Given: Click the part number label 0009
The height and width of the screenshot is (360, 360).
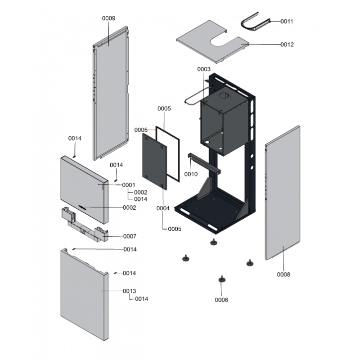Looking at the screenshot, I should click(108, 18).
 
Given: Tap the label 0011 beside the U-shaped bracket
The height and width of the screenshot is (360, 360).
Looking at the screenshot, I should click(287, 21).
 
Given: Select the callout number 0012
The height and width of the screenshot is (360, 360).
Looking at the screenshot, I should click(287, 45).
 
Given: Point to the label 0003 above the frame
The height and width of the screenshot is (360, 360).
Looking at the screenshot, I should click(204, 69).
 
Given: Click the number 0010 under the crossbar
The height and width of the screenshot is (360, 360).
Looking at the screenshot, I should click(191, 174).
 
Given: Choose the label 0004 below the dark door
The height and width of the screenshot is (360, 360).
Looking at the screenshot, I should click(163, 208).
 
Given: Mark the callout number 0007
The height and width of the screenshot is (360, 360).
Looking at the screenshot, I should click(130, 236).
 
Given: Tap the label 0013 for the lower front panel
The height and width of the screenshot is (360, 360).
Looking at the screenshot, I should click(130, 291).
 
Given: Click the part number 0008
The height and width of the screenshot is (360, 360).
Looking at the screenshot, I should click(283, 274).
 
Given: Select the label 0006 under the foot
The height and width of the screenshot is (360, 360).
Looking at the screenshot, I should click(221, 300).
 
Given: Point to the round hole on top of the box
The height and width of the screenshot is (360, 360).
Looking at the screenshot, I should click(224, 97).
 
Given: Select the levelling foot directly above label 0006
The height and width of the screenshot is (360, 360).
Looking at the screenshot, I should click(221, 280).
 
